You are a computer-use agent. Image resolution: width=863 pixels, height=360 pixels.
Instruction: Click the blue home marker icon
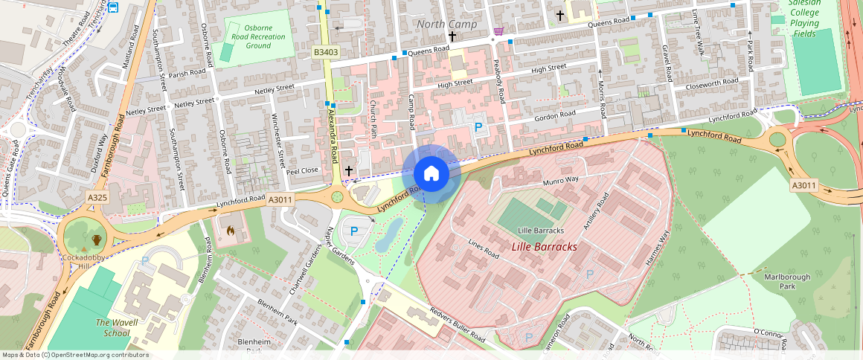(431, 173)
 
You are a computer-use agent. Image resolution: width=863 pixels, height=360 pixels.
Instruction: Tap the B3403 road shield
(326, 52)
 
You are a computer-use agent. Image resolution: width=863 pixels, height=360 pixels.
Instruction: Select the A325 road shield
(97, 198)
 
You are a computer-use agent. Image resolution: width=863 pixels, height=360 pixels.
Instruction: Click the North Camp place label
(446, 25)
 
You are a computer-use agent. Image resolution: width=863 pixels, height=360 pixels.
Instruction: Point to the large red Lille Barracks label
(544, 246)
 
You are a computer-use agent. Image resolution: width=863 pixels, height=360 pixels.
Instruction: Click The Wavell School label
(112, 327)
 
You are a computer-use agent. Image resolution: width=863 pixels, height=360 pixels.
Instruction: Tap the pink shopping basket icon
(498, 30)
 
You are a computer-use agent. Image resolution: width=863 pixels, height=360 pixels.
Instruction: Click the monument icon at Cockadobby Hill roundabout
(97, 240)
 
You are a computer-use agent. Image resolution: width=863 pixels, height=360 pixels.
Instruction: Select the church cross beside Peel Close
(348, 171)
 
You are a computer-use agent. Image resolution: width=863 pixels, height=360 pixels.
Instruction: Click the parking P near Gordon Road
(478, 127)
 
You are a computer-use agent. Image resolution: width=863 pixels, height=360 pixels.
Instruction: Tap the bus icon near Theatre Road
(112, 7)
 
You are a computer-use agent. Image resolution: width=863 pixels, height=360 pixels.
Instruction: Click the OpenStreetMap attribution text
(76, 355)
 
